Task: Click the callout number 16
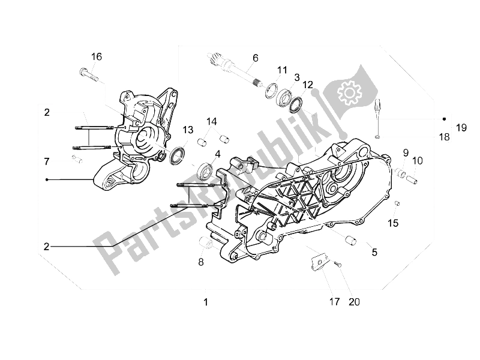(97, 56)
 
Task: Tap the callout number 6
(255, 58)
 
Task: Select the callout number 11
(282, 70)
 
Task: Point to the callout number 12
(308, 85)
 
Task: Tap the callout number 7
(46, 161)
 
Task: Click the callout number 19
(461, 127)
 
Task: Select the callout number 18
(444, 137)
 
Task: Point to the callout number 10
(417, 160)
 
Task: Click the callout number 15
(392, 223)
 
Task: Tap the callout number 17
(334, 301)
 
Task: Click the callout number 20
(355, 301)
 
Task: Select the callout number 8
(202, 262)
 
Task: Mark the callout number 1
(205, 302)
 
